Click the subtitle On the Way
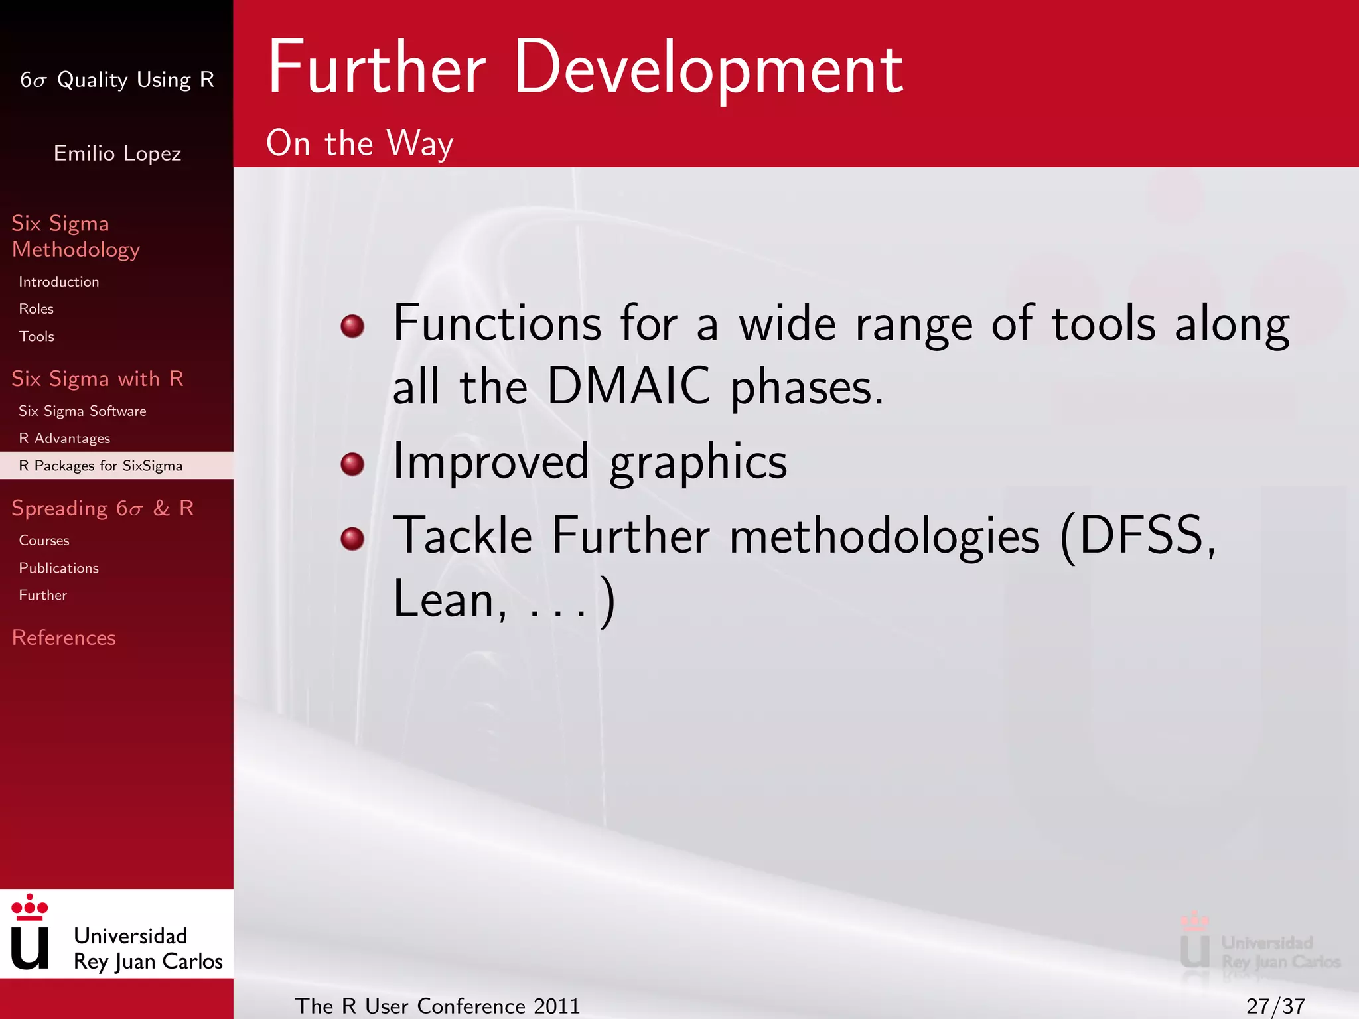click(x=360, y=143)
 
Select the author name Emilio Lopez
click(x=117, y=153)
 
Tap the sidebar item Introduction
click(x=58, y=282)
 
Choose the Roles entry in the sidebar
click(x=36, y=309)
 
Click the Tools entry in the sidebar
click(x=36, y=336)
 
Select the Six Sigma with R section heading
click(x=97, y=379)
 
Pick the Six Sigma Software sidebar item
click(x=82, y=411)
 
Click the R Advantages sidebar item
click(x=64, y=439)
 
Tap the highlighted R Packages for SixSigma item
click(x=100, y=466)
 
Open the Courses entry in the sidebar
click(x=44, y=541)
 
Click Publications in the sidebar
click(x=58, y=568)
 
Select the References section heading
click(x=64, y=638)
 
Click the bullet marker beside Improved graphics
click(x=352, y=464)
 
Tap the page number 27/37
click(x=1275, y=1006)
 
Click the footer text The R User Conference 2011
click(x=437, y=1006)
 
